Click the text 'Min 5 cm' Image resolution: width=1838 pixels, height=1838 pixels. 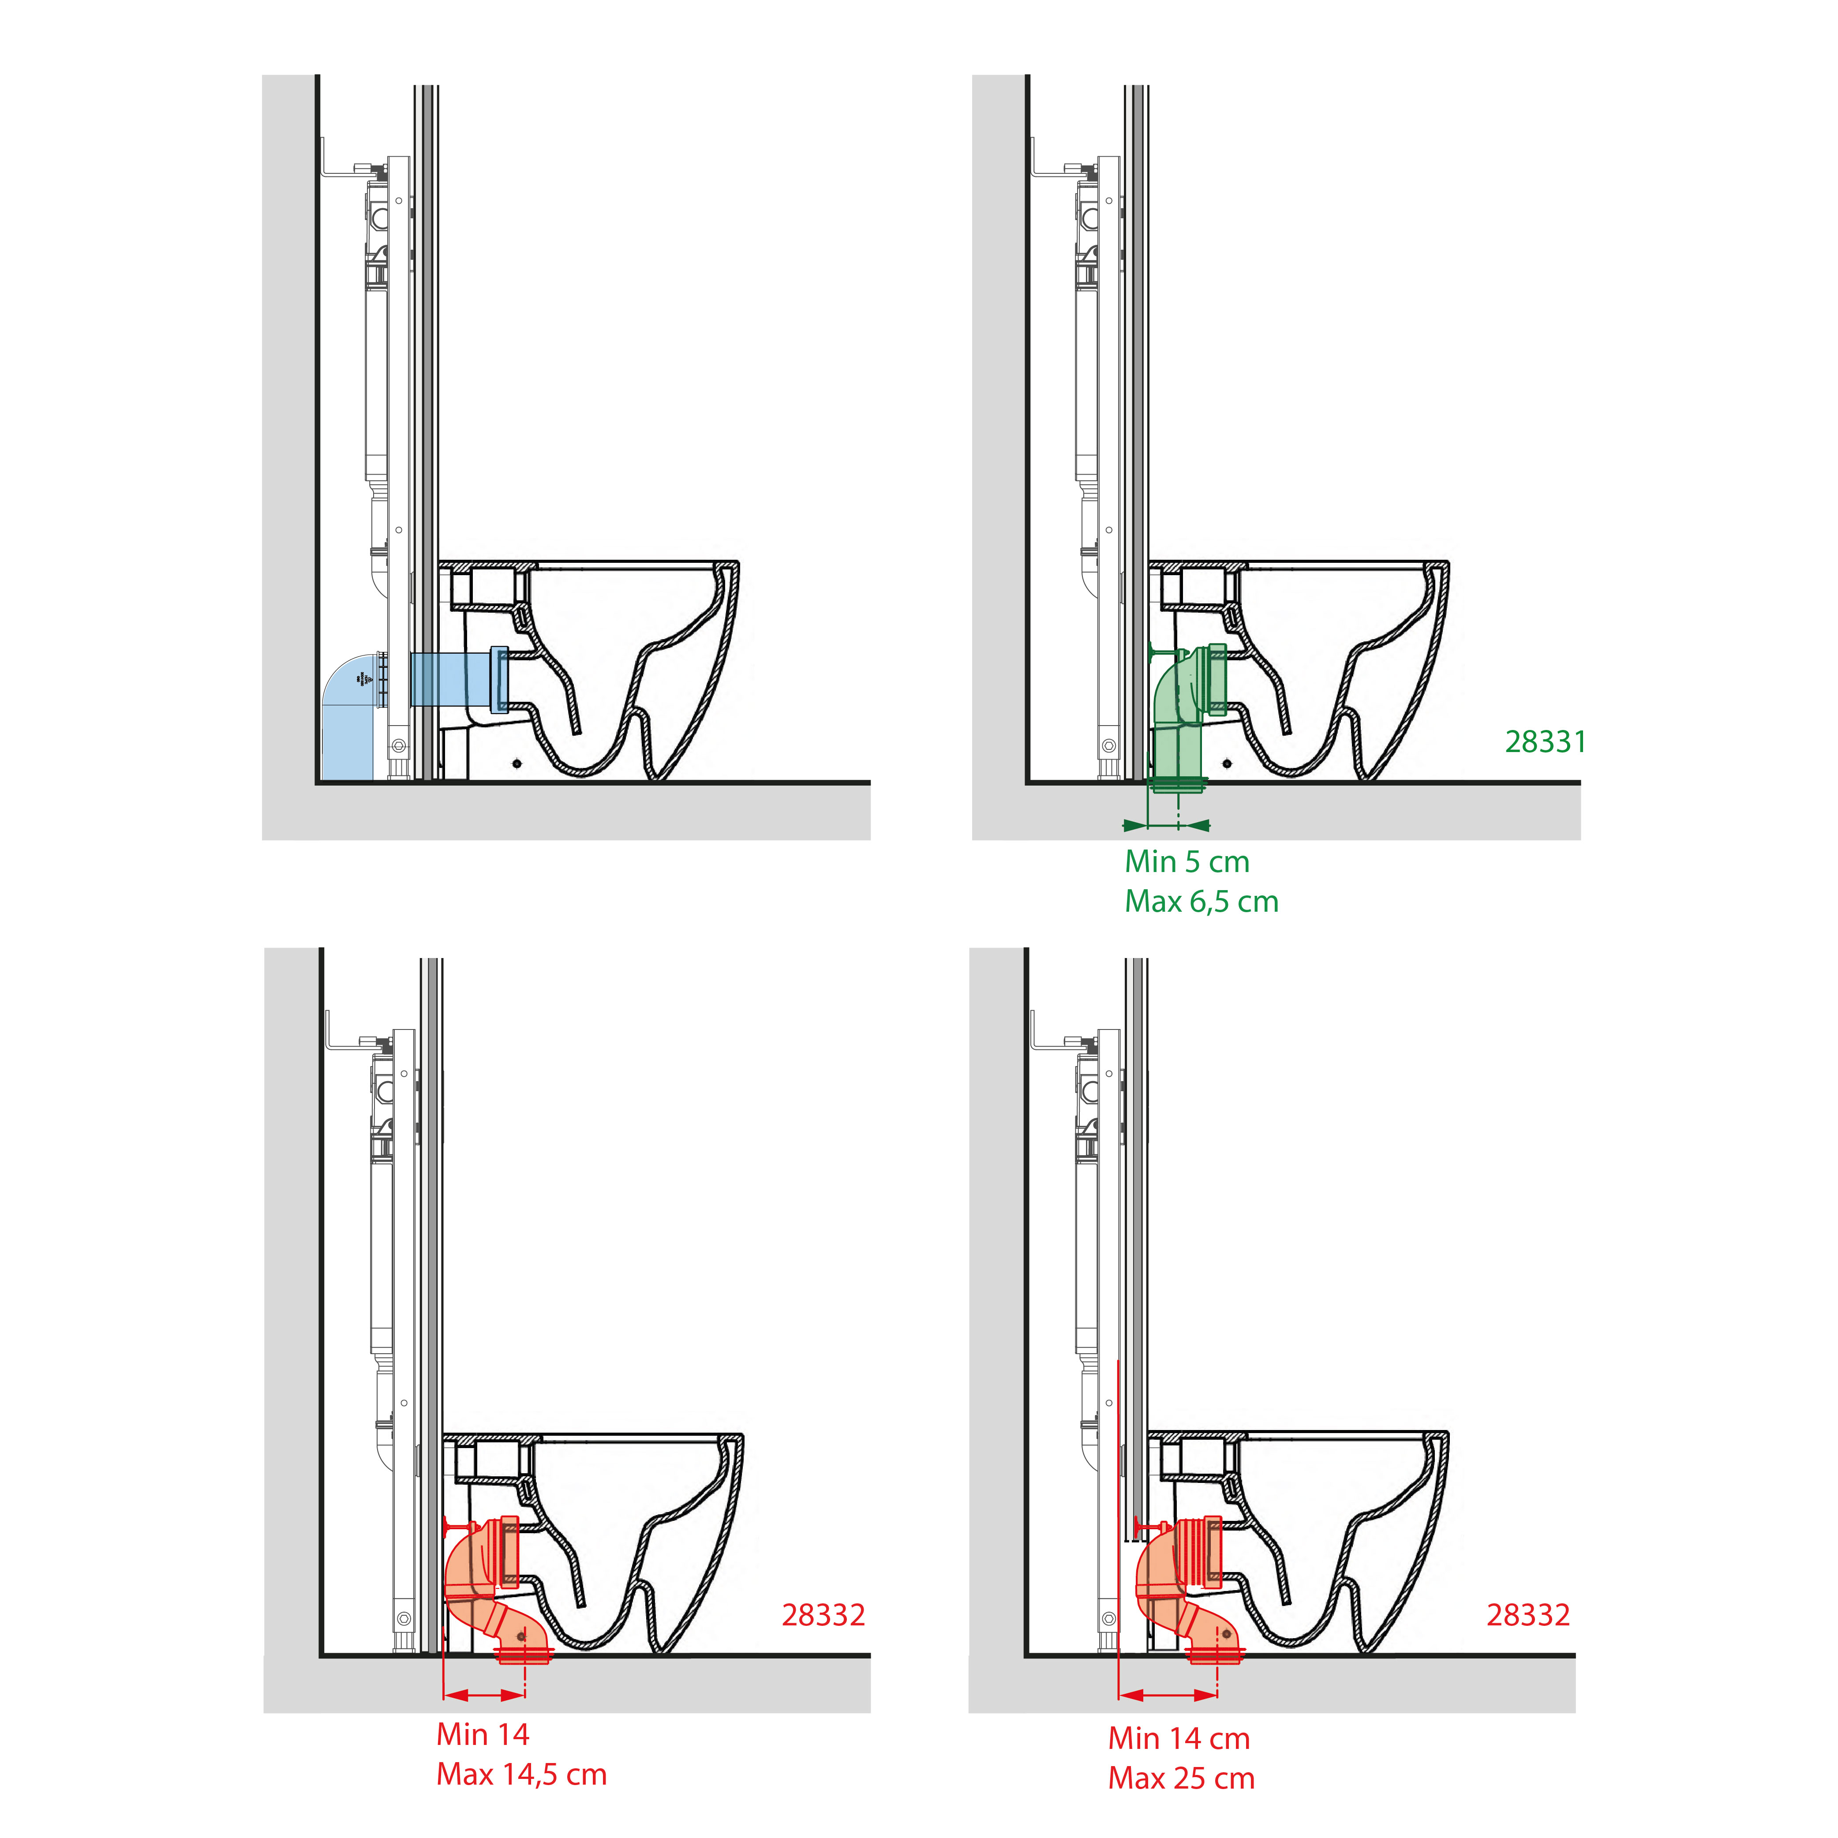point(1187,862)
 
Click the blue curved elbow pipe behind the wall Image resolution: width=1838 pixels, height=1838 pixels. point(354,715)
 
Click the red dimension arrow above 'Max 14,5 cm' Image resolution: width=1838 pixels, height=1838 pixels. point(484,1694)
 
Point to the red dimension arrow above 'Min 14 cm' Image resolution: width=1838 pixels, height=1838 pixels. point(1168,1694)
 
